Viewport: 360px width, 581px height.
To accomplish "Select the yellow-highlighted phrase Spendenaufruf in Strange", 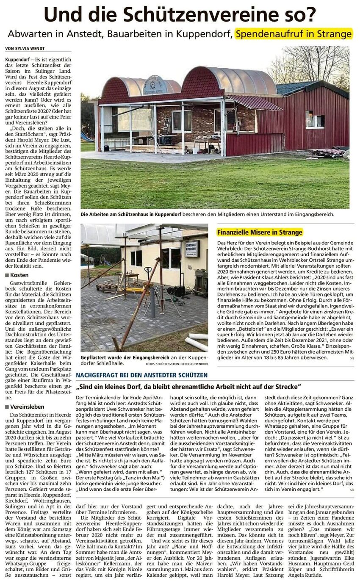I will click(x=294, y=34).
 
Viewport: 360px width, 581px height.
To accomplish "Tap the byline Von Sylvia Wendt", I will click(x=25, y=49).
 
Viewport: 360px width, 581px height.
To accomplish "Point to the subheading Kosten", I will click(x=19, y=275).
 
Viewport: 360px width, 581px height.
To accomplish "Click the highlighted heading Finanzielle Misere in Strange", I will click(x=260, y=232).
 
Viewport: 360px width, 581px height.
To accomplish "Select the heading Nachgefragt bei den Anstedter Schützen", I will click(x=141, y=375).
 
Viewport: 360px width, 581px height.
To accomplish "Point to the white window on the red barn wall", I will click(x=315, y=119).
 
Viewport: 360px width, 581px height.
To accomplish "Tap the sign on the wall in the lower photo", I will click(x=191, y=249).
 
